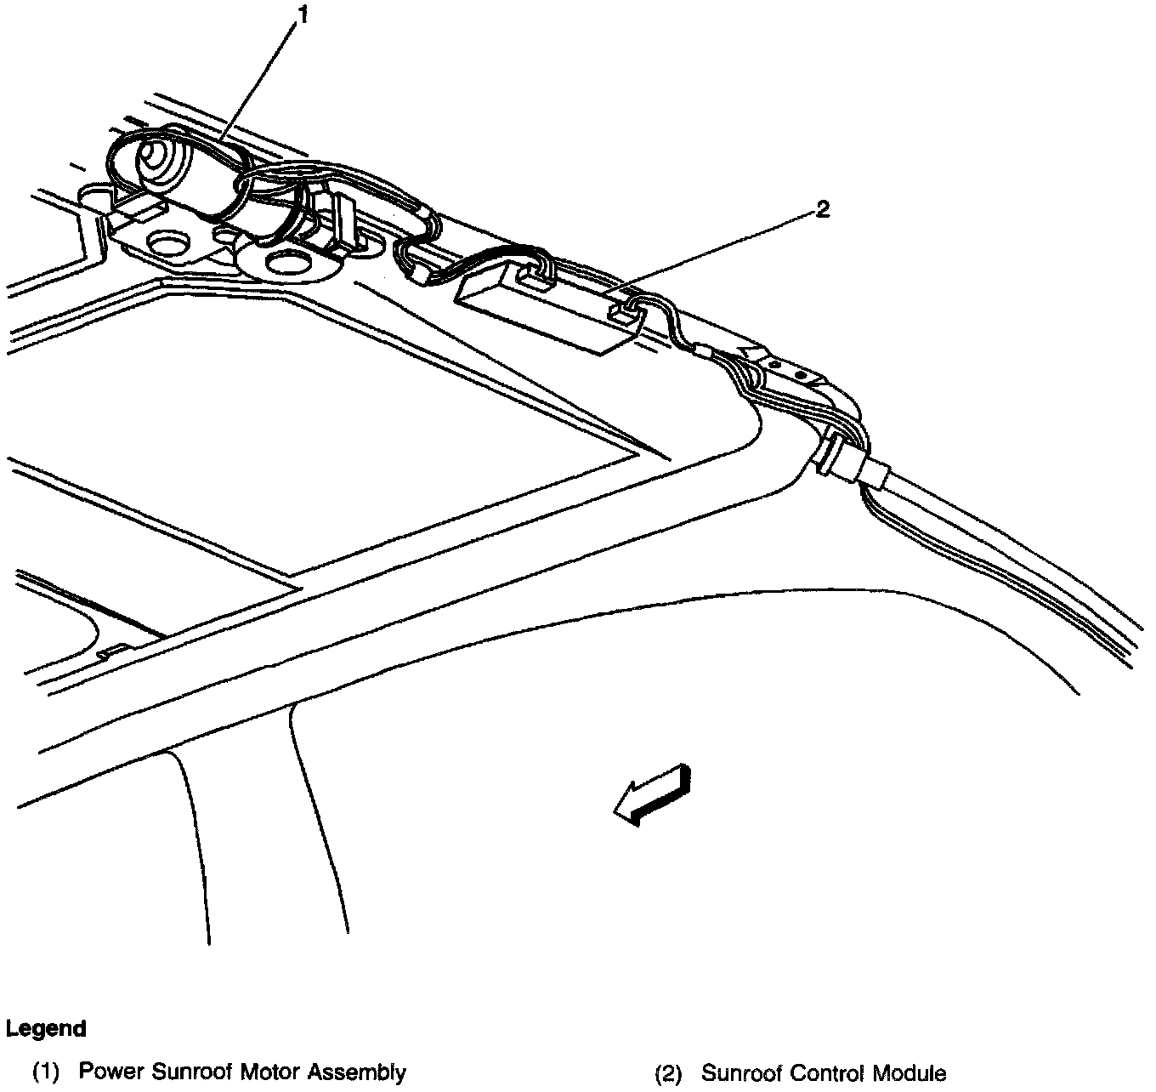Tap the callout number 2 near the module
(821, 208)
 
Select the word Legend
(46, 1028)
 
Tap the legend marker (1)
(46, 1072)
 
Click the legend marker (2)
(668, 1073)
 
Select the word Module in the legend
(913, 1072)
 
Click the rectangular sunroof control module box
(544, 310)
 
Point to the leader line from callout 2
(714, 251)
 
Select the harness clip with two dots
(788, 368)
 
